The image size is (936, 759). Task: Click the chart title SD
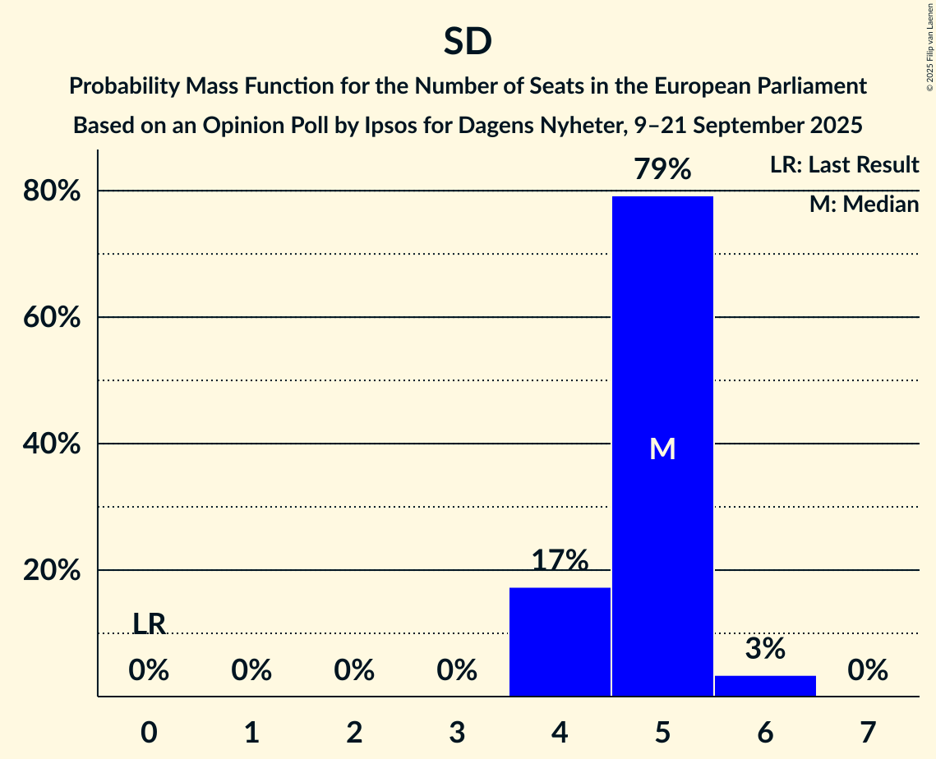tap(468, 42)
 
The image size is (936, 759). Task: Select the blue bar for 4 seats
tap(560, 642)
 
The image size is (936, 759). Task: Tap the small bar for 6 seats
tap(765, 686)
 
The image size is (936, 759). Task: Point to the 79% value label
tap(662, 169)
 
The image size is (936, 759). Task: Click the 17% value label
tap(560, 560)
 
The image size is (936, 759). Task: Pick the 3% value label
tap(765, 649)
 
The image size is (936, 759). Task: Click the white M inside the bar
tap(662, 448)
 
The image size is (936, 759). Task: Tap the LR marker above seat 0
tap(149, 624)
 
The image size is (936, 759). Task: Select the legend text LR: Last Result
tap(844, 165)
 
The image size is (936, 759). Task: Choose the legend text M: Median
tap(864, 204)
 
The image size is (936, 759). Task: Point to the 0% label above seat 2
tap(354, 670)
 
